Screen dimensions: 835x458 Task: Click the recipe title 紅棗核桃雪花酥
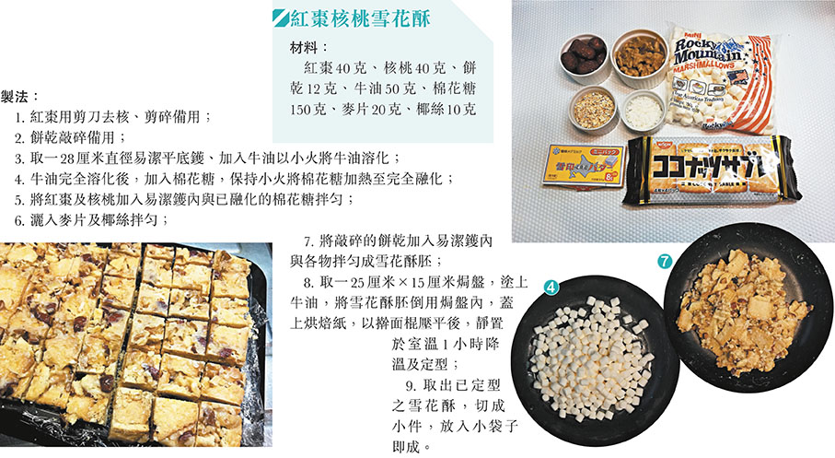(360, 18)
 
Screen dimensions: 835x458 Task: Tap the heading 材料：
(309, 47)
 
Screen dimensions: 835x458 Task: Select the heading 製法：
(20, 97)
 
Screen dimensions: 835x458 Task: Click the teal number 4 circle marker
(551, 288)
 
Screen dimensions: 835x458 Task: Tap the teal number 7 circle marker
(664, 262)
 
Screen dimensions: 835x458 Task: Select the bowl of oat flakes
(593, 110)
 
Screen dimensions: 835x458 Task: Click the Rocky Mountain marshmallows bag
(719, 80)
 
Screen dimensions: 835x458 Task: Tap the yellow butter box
(583, 165)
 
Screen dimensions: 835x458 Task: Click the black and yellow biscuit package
(712, 170)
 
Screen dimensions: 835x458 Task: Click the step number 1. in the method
(20, 117)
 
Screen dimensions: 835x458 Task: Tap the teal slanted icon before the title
(280, 18)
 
